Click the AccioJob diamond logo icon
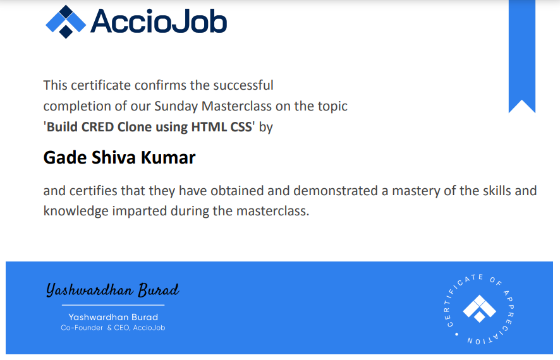[66, 21]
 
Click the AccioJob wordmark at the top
[159, 21]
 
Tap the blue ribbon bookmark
[522, 56]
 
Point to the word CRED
[97, 127]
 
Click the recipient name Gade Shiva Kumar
[119, 158]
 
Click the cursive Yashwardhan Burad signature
[113, 290]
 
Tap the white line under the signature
[113, 305]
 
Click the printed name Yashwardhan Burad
[113, 317]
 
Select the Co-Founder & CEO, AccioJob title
[113, 328]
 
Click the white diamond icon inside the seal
[479, 309]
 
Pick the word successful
[243, 86]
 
